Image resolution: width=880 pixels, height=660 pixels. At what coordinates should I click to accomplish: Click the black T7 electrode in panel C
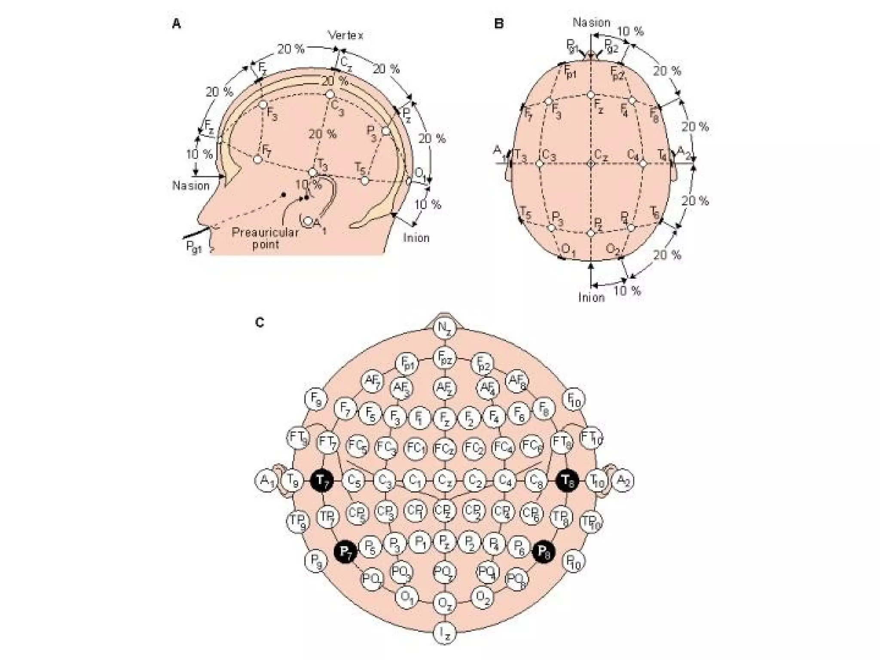[x=322, y=481]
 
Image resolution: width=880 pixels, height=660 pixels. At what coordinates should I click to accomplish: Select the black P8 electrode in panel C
[x=544, y=551]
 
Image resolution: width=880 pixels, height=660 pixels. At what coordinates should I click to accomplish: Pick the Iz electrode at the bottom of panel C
[x=444, y=633]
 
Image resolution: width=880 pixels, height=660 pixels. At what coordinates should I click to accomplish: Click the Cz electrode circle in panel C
[x=444, y=480]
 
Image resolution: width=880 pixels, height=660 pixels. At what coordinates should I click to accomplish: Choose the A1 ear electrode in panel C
[x=267, y=481]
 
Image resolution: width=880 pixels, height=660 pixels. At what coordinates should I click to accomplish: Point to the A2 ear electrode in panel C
[x=623, y=481]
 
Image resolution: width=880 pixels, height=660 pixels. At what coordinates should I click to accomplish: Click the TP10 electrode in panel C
[x=591, y=521]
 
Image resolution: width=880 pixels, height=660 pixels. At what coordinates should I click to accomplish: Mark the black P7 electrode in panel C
[x=345, y=551]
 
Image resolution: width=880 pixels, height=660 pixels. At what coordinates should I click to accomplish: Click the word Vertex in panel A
[x=345, y=35]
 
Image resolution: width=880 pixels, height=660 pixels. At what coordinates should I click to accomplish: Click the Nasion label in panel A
[x=191, y=186]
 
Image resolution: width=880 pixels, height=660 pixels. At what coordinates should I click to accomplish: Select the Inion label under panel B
[x=591, y=297]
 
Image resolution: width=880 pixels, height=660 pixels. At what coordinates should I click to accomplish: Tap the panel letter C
[x=260, y=322]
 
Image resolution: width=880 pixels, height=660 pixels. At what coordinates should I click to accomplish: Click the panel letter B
[x=499, y=24]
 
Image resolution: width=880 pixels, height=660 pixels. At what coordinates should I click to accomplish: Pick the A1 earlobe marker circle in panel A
[x=308, y=221]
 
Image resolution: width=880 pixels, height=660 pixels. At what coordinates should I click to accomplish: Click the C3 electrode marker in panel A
[x=330, y=95]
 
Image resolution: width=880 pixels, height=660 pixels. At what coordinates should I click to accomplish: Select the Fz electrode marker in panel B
[x=591, y=95]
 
